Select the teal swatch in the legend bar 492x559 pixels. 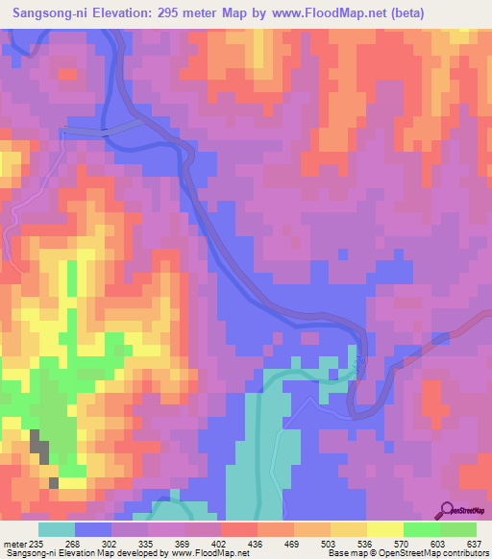click(x=57, y=529)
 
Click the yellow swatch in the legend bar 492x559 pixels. click(x=384, y=529)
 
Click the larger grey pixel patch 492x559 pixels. click(x=39, y=444)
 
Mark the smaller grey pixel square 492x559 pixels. click(x=54, y=482)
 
